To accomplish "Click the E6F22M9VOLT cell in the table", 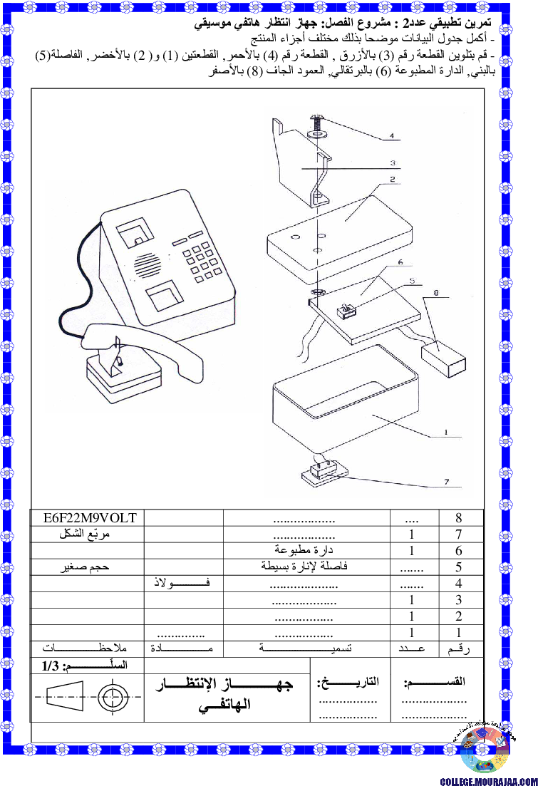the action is [90, 518].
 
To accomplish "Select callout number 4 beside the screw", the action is [392, 136].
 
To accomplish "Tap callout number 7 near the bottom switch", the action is [446, 482].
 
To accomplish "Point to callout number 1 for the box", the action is [446, 432].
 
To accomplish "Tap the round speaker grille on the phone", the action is [148, 265].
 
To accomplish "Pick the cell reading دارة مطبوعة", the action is [304, 550].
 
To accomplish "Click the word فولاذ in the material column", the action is [182, 583].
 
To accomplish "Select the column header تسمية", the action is [306, 648].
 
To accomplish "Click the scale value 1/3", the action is [51, 666].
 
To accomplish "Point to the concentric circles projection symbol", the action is [113, 697].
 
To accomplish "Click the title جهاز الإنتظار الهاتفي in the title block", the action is [224, 694].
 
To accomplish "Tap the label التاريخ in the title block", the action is [348, 682].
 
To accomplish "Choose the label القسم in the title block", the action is [435, 682].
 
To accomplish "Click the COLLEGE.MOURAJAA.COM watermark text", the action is [489, 781].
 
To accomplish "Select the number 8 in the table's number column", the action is [458, 518].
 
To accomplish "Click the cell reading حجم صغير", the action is [85, 567].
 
